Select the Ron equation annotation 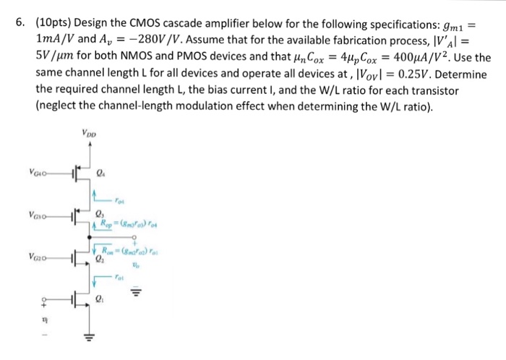[x=128, y=243]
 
